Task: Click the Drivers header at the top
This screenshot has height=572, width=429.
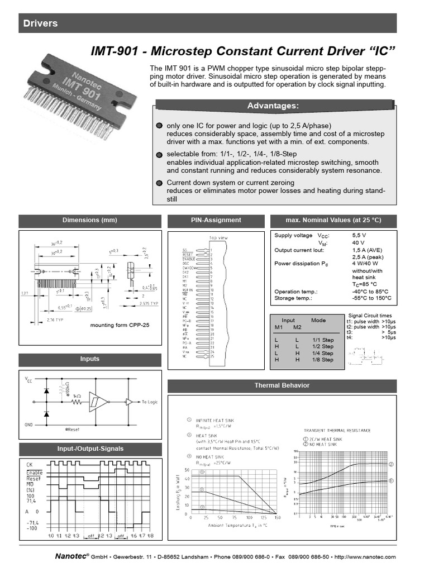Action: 40,23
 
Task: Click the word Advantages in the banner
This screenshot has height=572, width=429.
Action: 273,106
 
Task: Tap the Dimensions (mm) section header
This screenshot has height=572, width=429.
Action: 89,220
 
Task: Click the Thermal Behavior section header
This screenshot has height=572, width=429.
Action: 282,385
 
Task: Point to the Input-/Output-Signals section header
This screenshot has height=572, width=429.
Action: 90,449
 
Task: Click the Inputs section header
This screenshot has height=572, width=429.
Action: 89,359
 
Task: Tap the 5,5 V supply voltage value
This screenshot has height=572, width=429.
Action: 359,236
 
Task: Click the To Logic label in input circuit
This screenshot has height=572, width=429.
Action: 150,402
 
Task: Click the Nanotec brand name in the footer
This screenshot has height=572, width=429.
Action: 70,557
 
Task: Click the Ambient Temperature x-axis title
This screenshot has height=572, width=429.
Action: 230,525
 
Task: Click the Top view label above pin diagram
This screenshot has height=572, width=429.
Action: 218,237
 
